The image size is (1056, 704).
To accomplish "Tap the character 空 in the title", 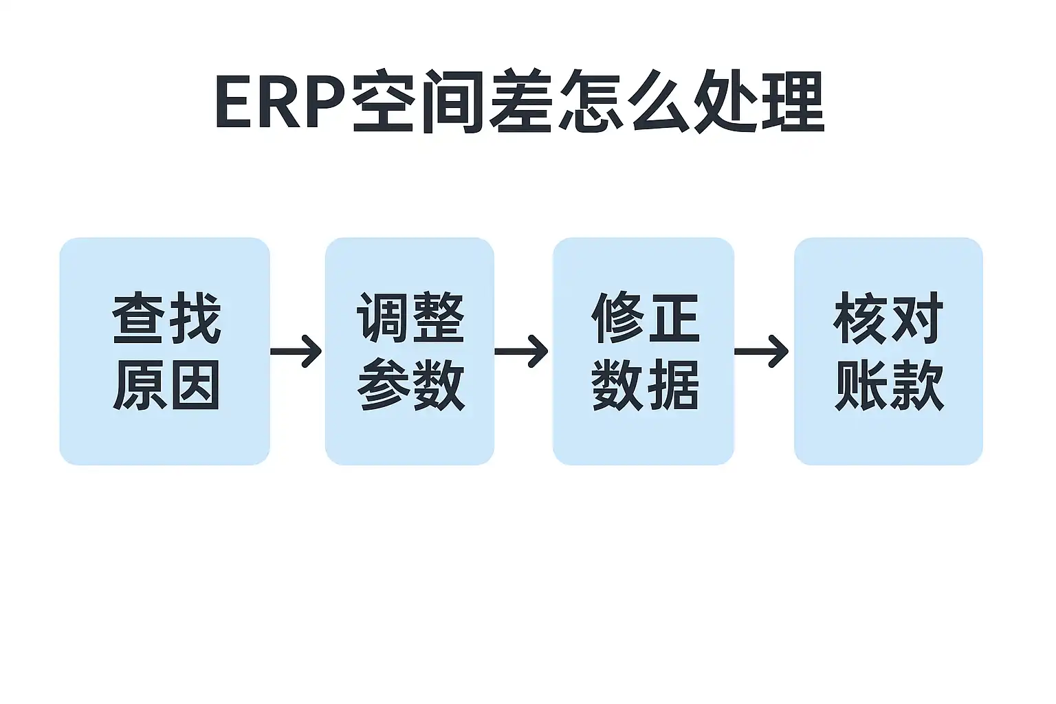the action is pos(382,100).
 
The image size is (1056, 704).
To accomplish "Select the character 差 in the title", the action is pos(520,100).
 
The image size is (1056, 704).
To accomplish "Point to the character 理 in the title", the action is pos(793,100).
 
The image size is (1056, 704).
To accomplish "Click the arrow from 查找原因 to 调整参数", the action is pos(296,351).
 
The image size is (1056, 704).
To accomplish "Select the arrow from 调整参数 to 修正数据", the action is pos(521,351).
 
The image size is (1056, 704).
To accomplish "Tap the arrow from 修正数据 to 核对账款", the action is pos(761,351).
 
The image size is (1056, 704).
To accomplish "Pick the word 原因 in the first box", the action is pos(166,384).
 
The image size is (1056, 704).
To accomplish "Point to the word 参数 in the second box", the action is pos(410,384).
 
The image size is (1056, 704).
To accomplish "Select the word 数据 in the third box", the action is pos(645,384).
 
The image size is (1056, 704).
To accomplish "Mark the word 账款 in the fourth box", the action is pos(889,384).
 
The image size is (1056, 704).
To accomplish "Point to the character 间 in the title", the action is pos(452,101).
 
